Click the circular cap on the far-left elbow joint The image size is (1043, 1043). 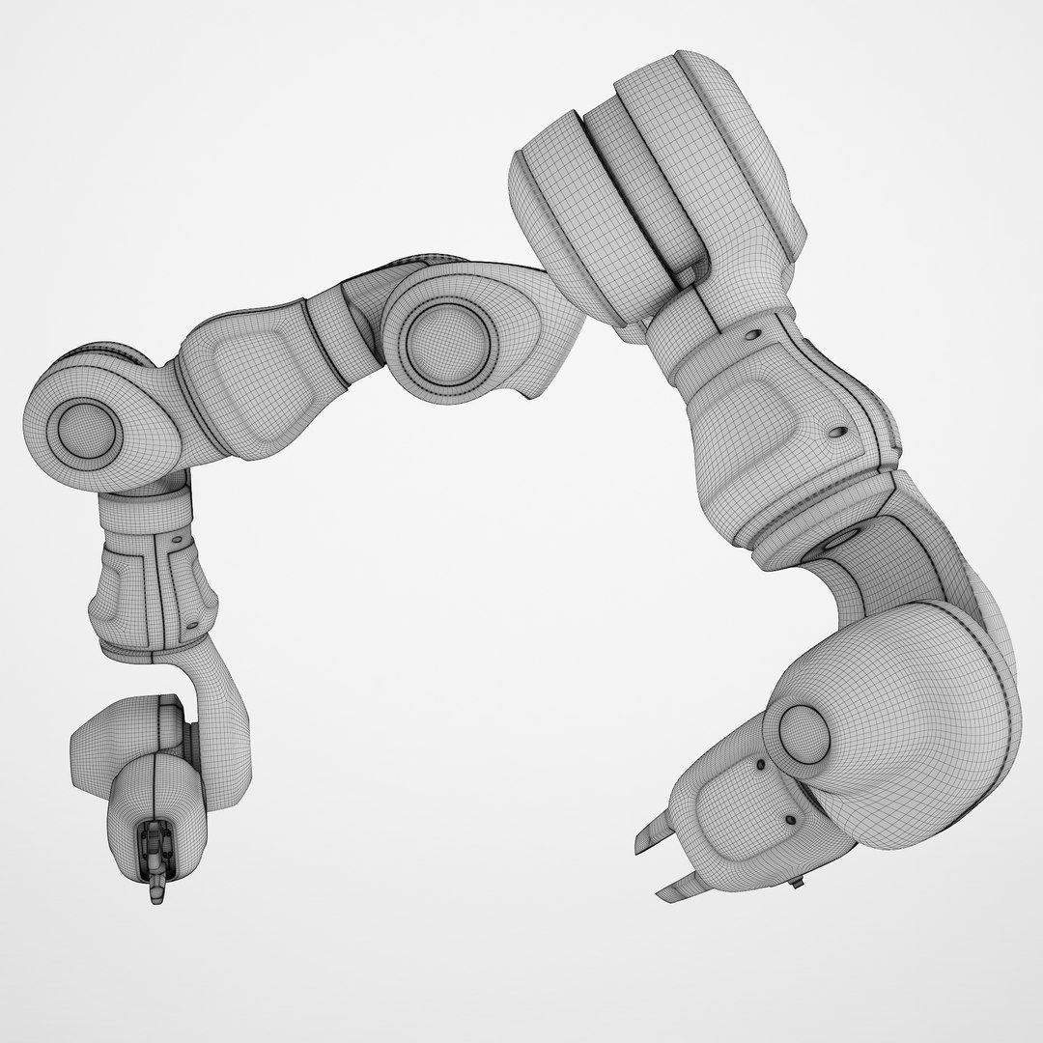[x=81, y=430]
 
